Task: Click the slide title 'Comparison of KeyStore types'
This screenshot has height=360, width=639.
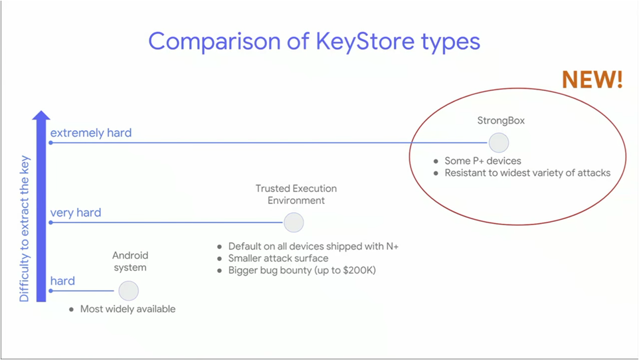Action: click(x=314, y=41)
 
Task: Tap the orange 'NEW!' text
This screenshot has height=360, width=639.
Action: click(x=592, y=80)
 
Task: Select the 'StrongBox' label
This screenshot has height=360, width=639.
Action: click(x=498, y=121)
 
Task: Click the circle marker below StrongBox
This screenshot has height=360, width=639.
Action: click(x=499, y=143)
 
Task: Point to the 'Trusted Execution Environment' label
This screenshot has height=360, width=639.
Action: click(x=296, y=195)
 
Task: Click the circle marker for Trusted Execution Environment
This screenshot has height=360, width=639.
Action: click(x=294, y=223)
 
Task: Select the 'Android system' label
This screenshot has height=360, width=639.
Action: click(x=130, y=261)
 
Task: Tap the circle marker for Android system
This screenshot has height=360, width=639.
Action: click(x=128, y=291)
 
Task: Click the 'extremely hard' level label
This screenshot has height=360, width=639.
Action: click(x=91, y=133)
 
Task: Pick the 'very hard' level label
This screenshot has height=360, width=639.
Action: click(x=76, y=213)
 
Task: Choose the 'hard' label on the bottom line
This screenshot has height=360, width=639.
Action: click(x=62, y=281)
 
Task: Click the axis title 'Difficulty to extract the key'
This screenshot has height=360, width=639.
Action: click(x=25, y=229)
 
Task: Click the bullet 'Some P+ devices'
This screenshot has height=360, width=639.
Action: click(x=483, y=161)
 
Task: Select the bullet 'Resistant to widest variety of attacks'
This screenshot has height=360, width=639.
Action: click(x=527, y=173)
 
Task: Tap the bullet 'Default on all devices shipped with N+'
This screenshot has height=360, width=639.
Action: click(x=313, y=246)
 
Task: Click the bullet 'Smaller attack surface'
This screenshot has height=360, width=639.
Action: click(x=278, y=258)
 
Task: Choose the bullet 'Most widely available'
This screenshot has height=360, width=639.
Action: click(x=128, y=309)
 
